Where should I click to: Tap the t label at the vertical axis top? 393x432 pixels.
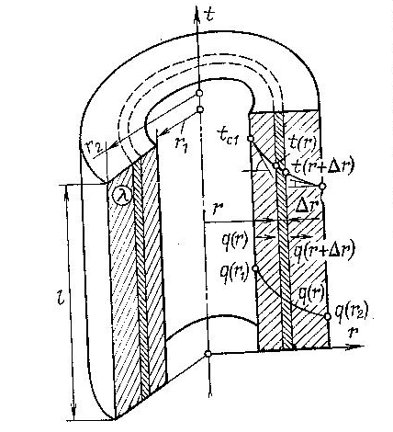pyautogui.click(x=210, y=13)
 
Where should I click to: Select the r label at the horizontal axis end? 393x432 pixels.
pyautogui.click(x=353, y=332)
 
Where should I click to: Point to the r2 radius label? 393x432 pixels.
pyautogui.click(x=93, y=148)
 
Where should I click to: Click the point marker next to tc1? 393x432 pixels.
pyautogui.click(x=251, y=139)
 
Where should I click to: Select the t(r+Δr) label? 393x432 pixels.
pyautogui.click(x=322, y=166)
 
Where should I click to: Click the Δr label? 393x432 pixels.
pyautogui.click(x=308, y=207)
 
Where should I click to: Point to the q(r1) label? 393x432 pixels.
pyautogui.click(x=235, y=274)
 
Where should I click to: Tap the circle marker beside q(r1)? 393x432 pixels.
pyautogui.click(x=255, y=268)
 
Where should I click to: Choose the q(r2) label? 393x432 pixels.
pyautogui.click(x=352, y=312)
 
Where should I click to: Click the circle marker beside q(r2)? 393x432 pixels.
pyautogui.click(x=328, y=316)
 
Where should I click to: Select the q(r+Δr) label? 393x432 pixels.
pyautogui.click(x=324, y=250)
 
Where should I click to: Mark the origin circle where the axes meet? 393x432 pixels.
pyautogui.click(x=208, y=354)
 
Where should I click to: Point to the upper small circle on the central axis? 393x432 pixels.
pyautogui.click(x=199, y=93)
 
